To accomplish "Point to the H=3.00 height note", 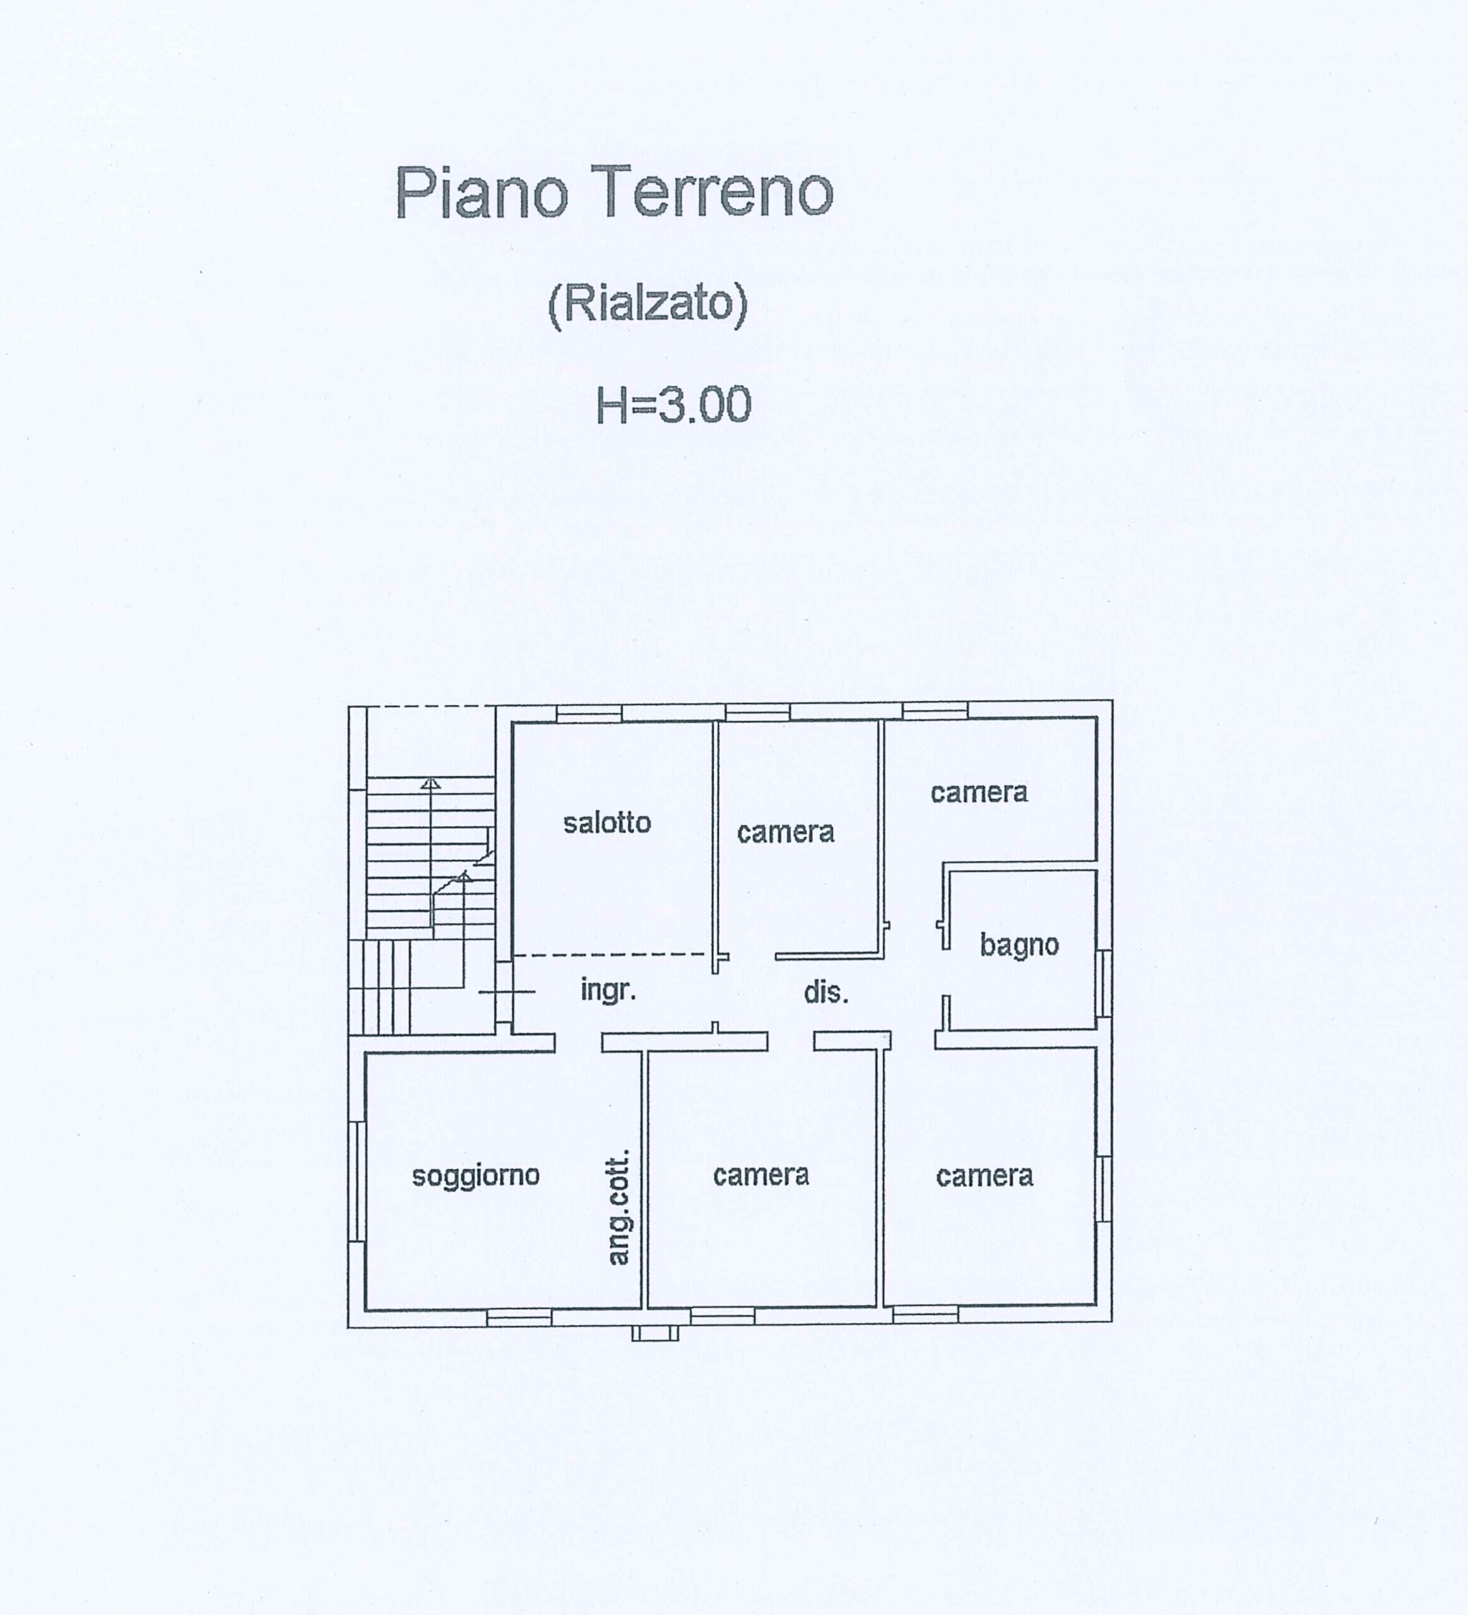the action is pyautogui.click(x=673, y=404).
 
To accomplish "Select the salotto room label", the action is pyautogui.click(x=607, y=823).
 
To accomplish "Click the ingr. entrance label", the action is pyautogui.click(x=608, y=992).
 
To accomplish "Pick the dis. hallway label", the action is pyautogui.click(x=826, y=994).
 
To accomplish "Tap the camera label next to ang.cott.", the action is pyautogui.click(x=761, y=1175).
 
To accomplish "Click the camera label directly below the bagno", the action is pyautogui.click(x=984, y=1176).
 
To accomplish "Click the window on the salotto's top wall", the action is pyautogui.click(x=589, y=714).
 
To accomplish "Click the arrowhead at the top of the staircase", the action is pyautogui.click(x=431, y=783).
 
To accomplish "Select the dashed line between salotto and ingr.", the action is pyautogui.click(x=613, y=955).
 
